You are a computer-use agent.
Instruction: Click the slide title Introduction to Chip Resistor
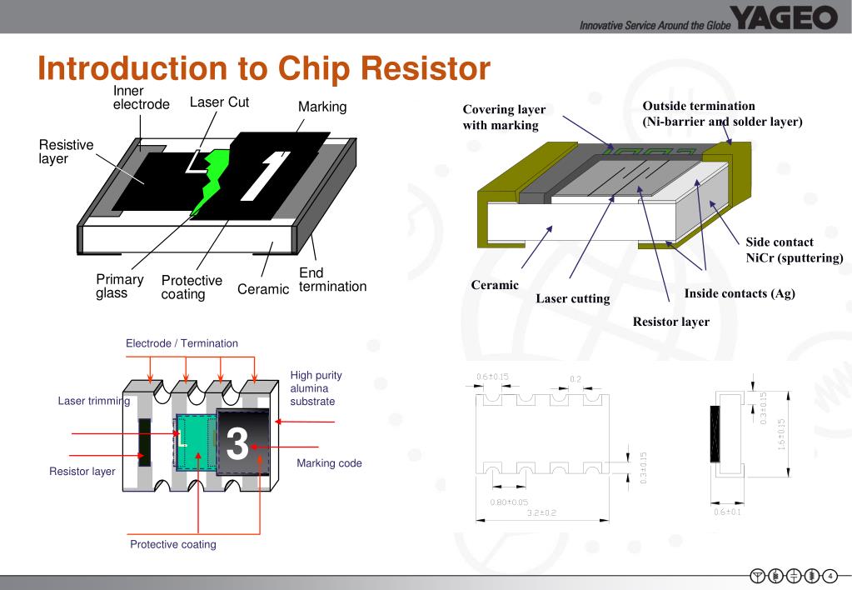264,68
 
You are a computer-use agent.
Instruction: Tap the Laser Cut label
219,102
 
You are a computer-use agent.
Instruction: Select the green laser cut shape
212,180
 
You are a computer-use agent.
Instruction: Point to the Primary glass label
119,286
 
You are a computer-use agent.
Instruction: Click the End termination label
332,279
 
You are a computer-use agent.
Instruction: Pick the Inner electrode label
141,97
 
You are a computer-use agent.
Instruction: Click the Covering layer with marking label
504,117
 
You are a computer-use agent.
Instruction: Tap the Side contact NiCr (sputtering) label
794,250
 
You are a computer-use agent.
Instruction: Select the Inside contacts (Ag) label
740,293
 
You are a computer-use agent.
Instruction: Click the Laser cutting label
572,298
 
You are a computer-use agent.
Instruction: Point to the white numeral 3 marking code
237,444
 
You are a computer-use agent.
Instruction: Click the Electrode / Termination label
182,343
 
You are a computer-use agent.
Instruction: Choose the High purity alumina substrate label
316,388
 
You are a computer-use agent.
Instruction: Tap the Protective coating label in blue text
172,544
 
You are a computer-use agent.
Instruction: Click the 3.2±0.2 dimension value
541,512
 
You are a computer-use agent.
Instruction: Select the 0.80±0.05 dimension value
509,502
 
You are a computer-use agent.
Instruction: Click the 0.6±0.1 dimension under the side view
727,512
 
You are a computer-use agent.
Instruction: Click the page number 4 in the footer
830,576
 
